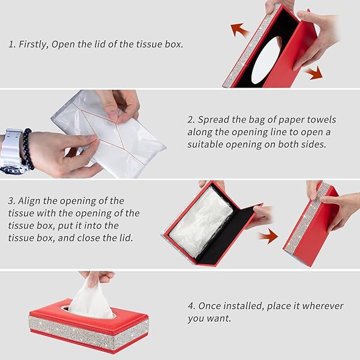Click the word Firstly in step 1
coord(34,44)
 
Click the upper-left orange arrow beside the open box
coord(239,29)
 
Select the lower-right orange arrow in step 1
coord(314,73)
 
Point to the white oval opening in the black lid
coord(266,60)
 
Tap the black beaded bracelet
coord(28,149)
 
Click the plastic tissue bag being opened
coord(108,136)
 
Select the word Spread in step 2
coord(211,120)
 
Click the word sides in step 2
coord(314,144)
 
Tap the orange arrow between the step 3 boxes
coord(268,236)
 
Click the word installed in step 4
coord(243,306)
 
